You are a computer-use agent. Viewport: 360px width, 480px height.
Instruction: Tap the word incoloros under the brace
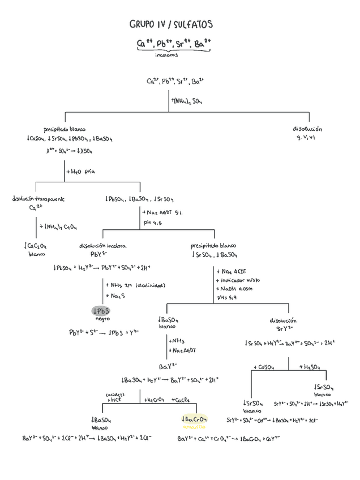pyautogui.click(x=166, y=55)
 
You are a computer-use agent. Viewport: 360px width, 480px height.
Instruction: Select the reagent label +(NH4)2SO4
pyautogui.click(x=187, y=101)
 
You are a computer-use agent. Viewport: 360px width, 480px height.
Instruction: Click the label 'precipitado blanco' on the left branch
pyautogui.click(x=65, y=130)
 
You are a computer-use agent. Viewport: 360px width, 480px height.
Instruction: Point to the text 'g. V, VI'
pyautogui.click(x=307, y=138)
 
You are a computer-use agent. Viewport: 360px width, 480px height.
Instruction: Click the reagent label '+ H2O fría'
pyautogui.click(x=80, y=171)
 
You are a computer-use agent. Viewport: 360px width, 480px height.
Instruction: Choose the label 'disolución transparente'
pyautogui.click(x=38, y=199)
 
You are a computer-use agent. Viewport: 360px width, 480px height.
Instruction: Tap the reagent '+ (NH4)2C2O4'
pyautogui.click(x=58, y=226)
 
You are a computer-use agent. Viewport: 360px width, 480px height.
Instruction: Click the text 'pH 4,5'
pyautogui.click(x=153, y=224)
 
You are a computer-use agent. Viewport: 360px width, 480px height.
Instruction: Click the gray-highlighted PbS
pyautogui.click(x=101, y=311)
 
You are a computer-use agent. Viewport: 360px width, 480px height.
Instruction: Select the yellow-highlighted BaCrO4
pyautogui.click(x=194, y=419)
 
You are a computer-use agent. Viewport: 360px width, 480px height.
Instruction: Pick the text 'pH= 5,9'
pyautogui.click(x=228, y=298)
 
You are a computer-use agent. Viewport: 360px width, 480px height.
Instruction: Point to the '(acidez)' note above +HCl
pyautogui.click(x=115, y=393)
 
